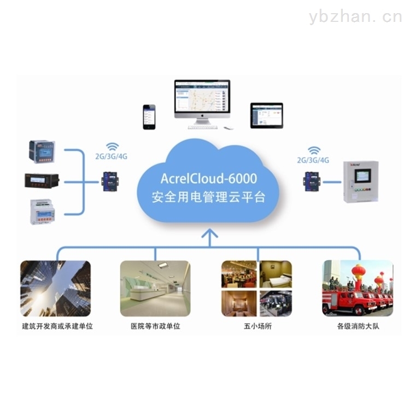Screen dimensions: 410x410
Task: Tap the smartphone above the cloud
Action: pos(149,116)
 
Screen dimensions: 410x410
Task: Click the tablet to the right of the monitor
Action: pos(266,115)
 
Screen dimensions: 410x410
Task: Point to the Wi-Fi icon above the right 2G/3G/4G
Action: pos(314,150)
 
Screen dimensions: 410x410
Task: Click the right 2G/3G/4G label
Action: pos(313,161)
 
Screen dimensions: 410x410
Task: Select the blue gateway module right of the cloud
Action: pos(312,180)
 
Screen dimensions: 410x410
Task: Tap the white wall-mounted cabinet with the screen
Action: pos(360,181)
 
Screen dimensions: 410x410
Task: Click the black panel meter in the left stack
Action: pos(42,180)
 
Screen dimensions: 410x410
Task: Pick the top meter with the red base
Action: pos(42,151)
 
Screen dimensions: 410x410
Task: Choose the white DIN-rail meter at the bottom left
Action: pos(43,211)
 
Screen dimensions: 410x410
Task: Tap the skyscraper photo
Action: pos(55,288)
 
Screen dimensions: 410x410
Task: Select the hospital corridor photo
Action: pos(155,288)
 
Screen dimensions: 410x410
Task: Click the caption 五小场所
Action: pos(256,326)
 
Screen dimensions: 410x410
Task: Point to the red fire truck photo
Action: pos(358,288)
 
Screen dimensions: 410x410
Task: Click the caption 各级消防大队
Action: pos(358,326)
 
